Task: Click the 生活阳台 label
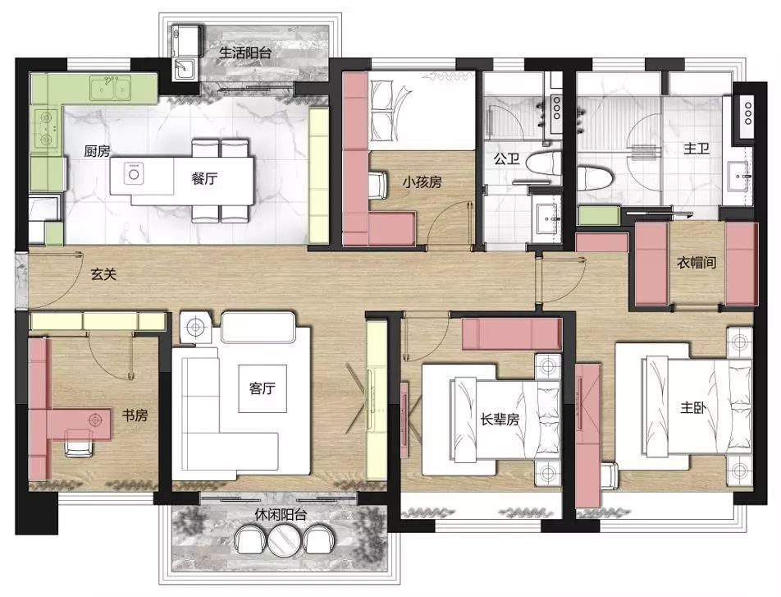[245, 53]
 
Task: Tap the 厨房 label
[97, 150]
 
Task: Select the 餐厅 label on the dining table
[204, 178]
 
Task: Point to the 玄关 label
[103, 273]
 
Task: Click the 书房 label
[135, 415]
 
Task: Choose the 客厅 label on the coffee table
[262, 388]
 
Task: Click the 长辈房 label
[500, 419]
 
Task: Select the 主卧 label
[693, 408]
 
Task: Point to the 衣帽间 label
[697, 262]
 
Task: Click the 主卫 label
[697, 148]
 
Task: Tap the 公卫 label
[506, 159]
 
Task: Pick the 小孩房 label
[422, 182]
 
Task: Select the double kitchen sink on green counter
[110, 89]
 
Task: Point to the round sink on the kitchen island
[134, 174]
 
